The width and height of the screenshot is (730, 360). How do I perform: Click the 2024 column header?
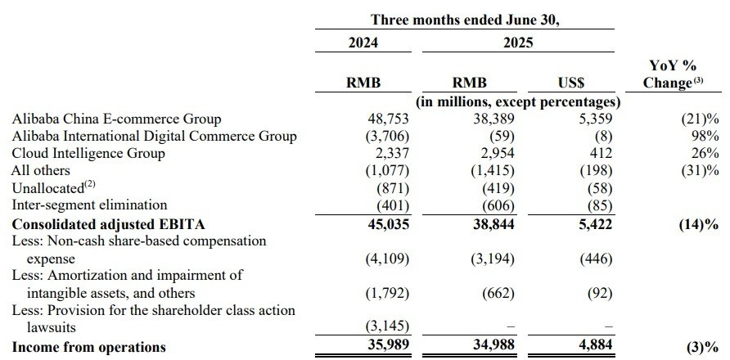pos(363,43)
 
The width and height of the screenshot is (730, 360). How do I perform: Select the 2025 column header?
pos(518,43)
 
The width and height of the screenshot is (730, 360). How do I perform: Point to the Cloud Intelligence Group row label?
pos(88,153)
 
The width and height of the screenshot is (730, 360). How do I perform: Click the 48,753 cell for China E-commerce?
pos(387,119)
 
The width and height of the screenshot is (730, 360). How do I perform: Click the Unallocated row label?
pos(53,187)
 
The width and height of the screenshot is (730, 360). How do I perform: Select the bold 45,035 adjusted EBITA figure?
pos(387,224)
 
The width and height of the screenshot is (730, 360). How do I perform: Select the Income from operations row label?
pos(88,347)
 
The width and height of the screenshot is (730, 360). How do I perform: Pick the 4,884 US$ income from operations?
pos(591,344)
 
